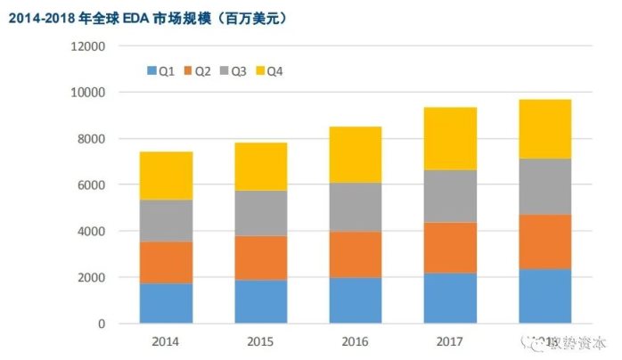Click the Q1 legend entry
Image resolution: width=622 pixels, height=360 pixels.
coord(160,70)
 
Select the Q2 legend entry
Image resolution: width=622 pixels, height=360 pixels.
coord(196,70)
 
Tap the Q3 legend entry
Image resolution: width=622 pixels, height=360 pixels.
coord(233,70)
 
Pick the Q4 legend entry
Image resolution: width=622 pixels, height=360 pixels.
coord(269,70)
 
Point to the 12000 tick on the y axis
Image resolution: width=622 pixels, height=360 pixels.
coord(88,46)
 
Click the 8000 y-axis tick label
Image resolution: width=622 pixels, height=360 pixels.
coord(91,139)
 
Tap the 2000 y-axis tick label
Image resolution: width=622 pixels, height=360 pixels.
coord(91,278)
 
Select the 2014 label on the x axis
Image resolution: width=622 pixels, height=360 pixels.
coord(166,340)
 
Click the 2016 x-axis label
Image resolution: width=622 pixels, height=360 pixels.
coord(355,340)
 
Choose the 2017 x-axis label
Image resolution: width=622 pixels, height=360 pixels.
coord(449,340)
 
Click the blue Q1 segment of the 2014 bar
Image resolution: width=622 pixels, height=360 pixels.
coord(166,303)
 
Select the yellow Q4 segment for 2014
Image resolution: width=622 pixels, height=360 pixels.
coord(166,176)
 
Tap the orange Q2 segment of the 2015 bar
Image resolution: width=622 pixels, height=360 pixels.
coord(260,258)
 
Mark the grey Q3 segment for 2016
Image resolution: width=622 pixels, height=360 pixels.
coord(355,208)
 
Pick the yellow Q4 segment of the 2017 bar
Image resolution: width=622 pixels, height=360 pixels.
coord(449,138)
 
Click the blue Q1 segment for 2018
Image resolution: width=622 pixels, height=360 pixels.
coord(544,296)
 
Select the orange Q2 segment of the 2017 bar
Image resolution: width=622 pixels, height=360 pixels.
coord(449,248)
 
